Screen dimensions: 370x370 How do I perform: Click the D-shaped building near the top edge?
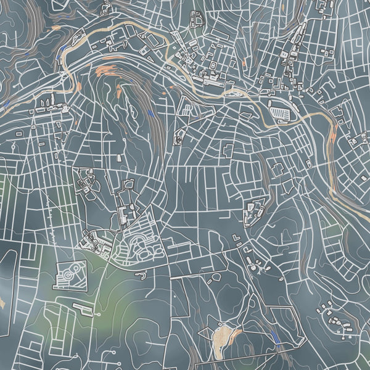199,21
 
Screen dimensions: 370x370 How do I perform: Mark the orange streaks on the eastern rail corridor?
333,133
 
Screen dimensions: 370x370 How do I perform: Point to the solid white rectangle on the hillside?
237,237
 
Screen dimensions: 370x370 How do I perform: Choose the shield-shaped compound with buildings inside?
254,210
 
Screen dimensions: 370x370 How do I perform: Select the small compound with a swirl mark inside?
179,139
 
